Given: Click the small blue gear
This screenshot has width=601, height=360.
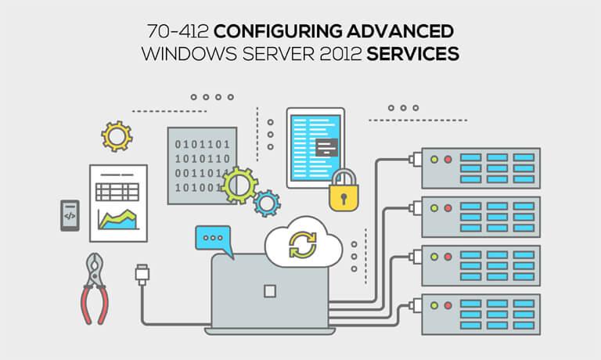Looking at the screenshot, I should (266, 203).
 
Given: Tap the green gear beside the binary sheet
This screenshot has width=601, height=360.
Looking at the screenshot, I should (239, 185).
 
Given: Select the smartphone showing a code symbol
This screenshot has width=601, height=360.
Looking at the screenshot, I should (70, 215).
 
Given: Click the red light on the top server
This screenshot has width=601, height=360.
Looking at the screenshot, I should (448, 160).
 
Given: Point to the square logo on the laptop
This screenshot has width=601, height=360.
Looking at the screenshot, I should (270, 291).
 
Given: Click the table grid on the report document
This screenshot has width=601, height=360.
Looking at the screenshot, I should (117, 192).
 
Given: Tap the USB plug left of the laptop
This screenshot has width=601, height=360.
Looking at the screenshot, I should (142, 275).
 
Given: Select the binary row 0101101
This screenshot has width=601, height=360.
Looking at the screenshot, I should (201, 144).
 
